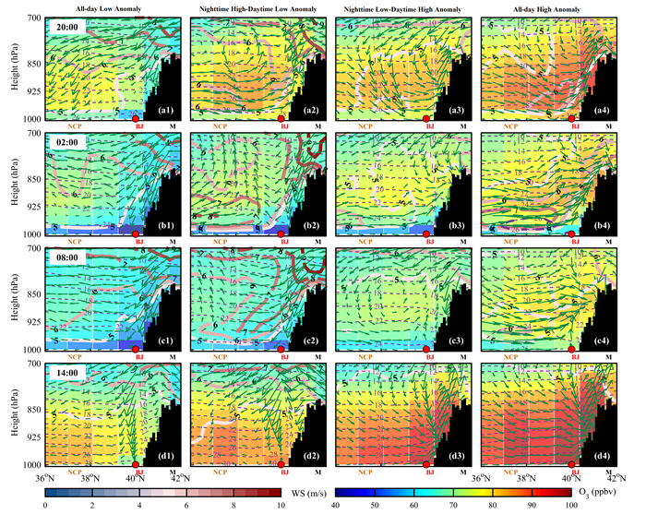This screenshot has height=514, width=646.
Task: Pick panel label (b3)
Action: coord(457,226)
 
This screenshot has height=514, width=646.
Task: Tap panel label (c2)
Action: coord(312,341)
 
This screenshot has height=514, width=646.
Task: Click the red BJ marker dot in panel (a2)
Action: coord(281,119)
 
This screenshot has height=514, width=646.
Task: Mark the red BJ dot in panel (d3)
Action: coord(426,465)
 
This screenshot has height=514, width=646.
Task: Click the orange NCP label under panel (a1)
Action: coord(73,126)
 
